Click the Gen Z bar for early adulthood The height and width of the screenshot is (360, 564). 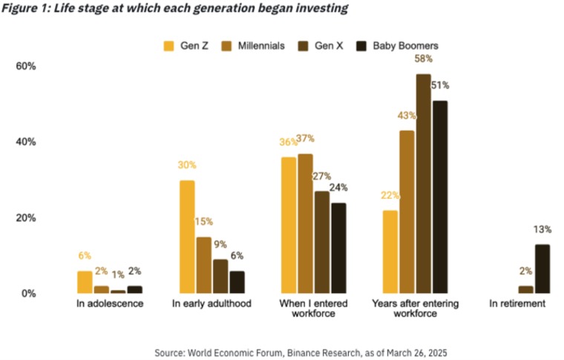187,237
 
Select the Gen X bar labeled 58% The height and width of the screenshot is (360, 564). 423,184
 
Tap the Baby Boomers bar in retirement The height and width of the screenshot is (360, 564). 542,269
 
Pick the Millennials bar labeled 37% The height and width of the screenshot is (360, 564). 306,223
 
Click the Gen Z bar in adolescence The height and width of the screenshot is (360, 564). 85,282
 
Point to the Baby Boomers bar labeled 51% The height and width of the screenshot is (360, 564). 440,197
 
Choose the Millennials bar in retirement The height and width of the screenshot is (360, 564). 526,289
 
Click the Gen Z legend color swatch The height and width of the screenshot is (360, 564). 168,46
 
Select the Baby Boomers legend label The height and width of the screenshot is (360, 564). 405,46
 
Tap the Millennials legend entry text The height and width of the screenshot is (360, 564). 261,46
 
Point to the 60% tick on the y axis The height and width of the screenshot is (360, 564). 26,66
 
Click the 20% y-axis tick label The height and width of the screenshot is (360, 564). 26,218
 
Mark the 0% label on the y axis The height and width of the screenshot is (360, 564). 29,293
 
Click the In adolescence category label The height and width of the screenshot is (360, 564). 110,304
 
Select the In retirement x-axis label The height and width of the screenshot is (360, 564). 517,304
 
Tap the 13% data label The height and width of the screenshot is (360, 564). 542,229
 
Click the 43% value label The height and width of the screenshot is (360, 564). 407,116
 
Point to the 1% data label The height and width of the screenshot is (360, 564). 118,275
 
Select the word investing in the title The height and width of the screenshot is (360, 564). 322,9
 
